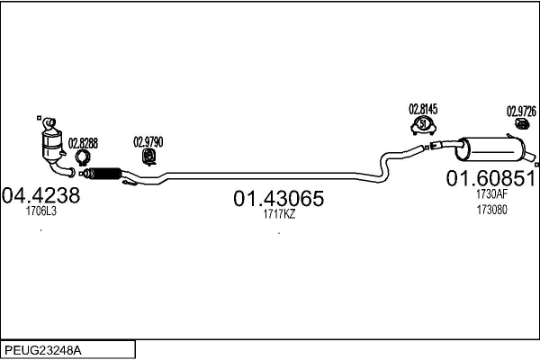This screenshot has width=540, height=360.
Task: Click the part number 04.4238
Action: click(x=41, y=195)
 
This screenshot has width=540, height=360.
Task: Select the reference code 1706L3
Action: click(x=40, y=211)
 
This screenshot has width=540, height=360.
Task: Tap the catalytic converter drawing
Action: click(x=52, y=142)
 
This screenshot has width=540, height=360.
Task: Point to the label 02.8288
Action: click(x=83, y=142)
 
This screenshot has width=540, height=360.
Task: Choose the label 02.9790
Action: click(x=148, y=141)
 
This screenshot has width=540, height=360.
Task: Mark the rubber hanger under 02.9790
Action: click(x=148, y=158)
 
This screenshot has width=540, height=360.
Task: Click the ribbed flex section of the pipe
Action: click(x=106, y=174)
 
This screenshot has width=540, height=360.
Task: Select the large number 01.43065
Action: click(x=279, y=197)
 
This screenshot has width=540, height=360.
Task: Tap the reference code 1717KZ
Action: click(x=279, y=214)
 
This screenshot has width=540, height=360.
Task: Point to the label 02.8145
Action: click(x=423, y=110)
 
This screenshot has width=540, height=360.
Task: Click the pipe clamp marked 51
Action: click(x=423, y=126)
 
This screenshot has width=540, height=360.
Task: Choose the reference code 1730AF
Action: click(x=492, y=193)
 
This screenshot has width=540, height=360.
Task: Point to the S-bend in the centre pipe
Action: click(x=390, y=159)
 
